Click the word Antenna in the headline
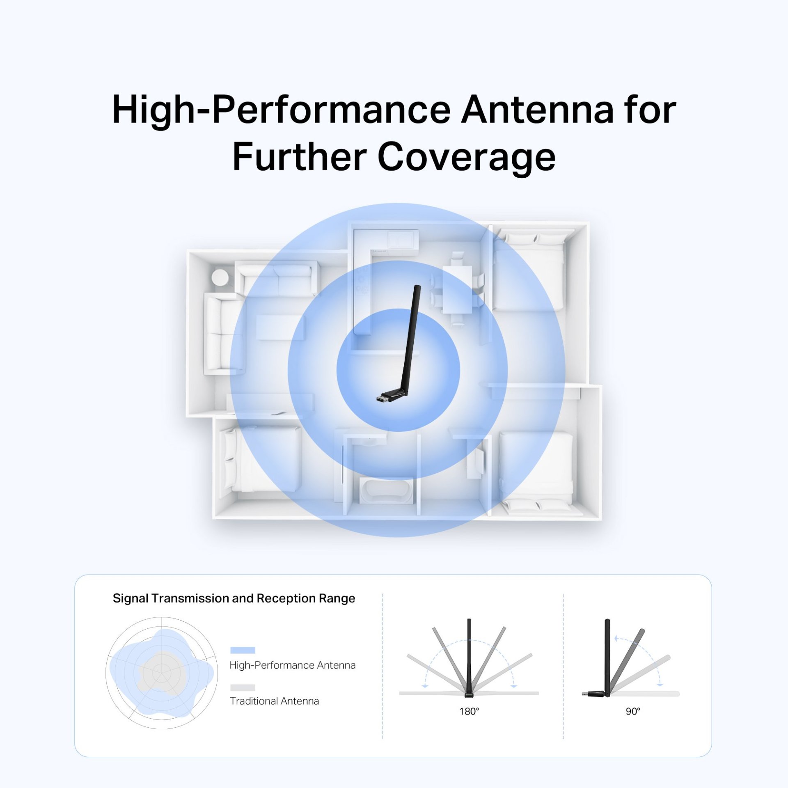click(537, 110)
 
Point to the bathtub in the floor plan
click(386, 490)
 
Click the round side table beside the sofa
click(220, 277)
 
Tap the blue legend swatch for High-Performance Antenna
click(243, 650)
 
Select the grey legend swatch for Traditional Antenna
click(243, 687)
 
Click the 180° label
click(469, 711)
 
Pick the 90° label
click(633, 711)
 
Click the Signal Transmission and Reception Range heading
click(234, 598)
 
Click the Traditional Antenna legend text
click(274, 701)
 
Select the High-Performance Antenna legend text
click(293, 665)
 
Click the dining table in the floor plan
click(457, 290)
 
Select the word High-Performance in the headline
click(281, 110)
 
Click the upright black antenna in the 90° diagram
click(607, 657)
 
